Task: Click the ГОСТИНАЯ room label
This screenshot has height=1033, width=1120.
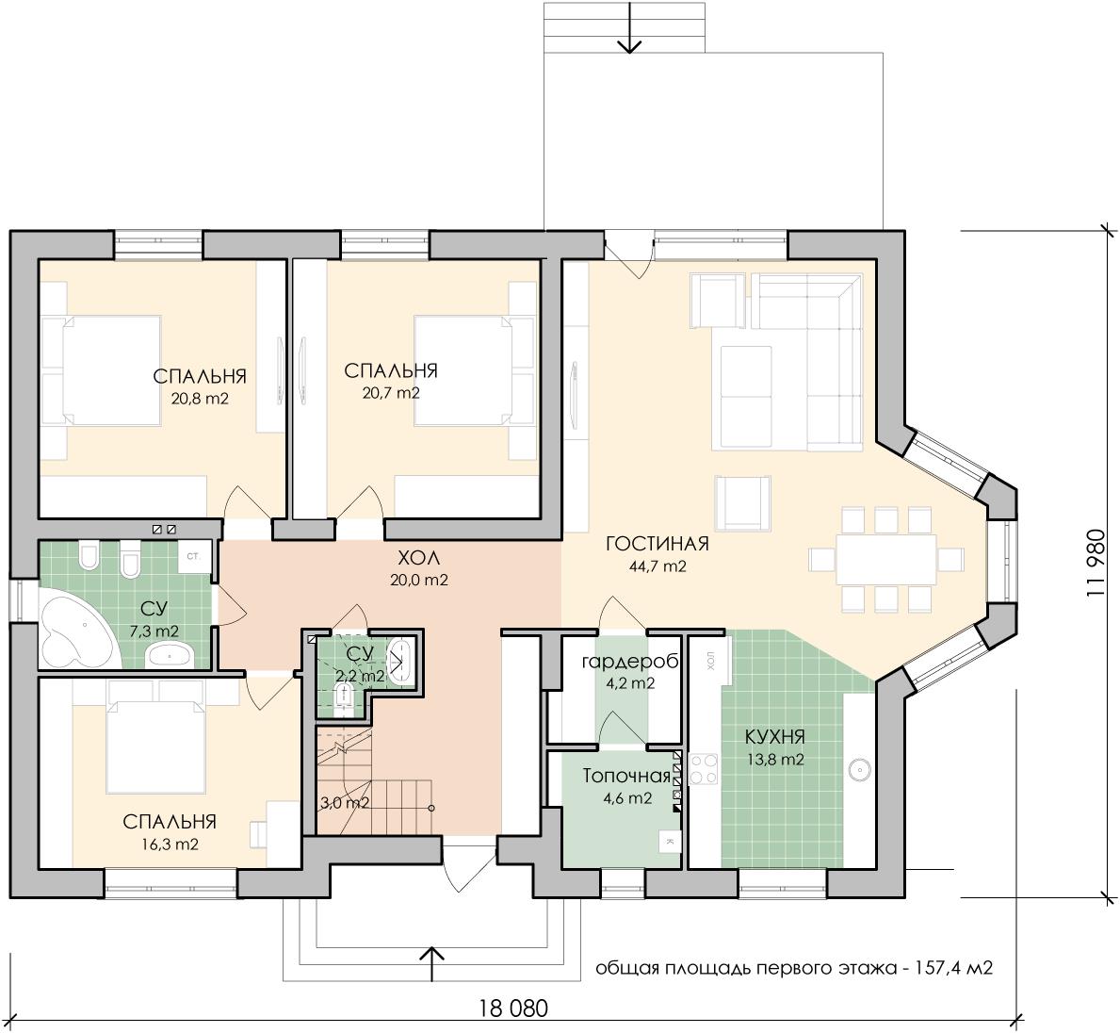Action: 657,543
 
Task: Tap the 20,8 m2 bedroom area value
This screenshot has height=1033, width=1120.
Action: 200,398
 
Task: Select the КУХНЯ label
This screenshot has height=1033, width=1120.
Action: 775,736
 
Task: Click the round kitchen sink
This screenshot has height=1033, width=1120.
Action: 859,769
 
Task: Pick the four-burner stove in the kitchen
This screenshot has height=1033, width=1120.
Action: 704,769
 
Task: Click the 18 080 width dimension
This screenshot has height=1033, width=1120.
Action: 513,1008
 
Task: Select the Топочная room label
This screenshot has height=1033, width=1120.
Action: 626,777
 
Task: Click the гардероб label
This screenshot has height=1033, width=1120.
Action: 629,662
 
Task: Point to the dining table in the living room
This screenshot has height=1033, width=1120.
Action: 886,559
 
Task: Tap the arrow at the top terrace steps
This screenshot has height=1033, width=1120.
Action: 629,28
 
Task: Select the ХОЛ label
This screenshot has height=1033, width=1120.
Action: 419,558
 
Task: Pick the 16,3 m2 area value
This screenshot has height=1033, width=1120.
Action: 170,844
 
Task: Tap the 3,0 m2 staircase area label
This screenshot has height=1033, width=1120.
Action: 344,803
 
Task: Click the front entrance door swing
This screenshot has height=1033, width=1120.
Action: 460,865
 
